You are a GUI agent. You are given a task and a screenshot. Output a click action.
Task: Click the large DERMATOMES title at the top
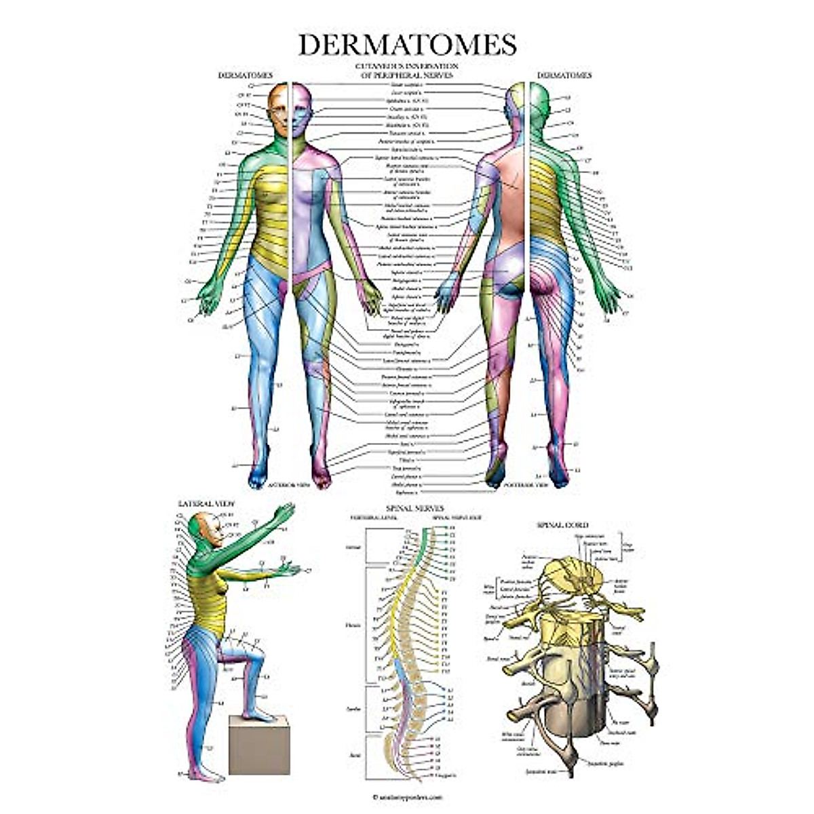407,44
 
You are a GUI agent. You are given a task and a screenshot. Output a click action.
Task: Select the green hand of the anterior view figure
208,297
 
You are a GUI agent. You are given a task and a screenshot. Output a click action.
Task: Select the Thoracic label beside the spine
353,625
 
